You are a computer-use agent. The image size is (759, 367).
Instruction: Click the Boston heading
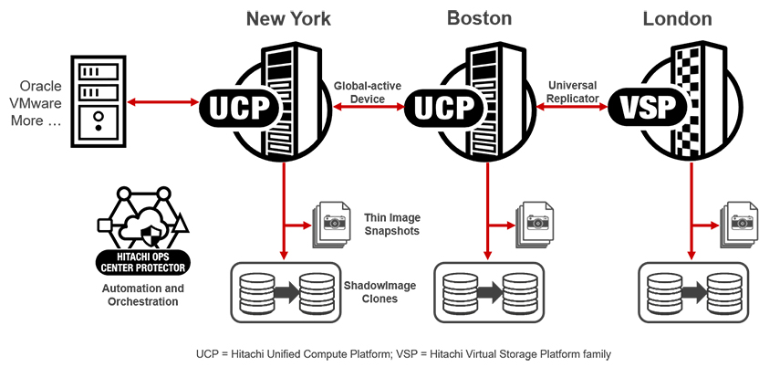point(479,18)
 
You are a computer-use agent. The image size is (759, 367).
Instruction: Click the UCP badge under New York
point(236,107)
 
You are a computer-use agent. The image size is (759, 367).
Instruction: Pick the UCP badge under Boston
point(442,107)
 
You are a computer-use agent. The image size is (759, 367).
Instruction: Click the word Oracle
point(40,85)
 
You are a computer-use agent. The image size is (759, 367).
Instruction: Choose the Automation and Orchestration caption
point(140,295)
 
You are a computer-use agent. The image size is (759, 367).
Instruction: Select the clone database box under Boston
point(488,292)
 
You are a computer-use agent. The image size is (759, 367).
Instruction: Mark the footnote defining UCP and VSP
point(402,352)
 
